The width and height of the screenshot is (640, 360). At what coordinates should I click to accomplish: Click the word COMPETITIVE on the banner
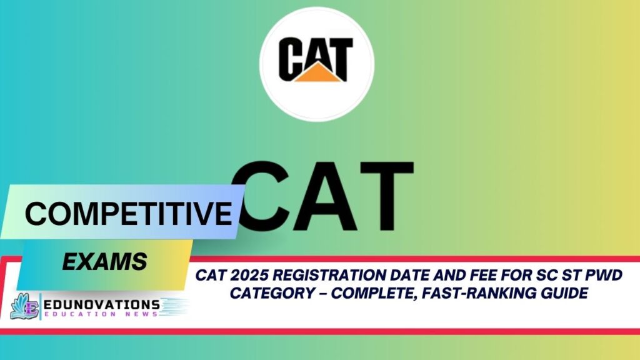coord(128,214)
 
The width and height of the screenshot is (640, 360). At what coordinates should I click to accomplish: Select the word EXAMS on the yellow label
coord(104,261)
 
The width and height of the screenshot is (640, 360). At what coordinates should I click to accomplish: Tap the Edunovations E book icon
coord(24,306)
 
